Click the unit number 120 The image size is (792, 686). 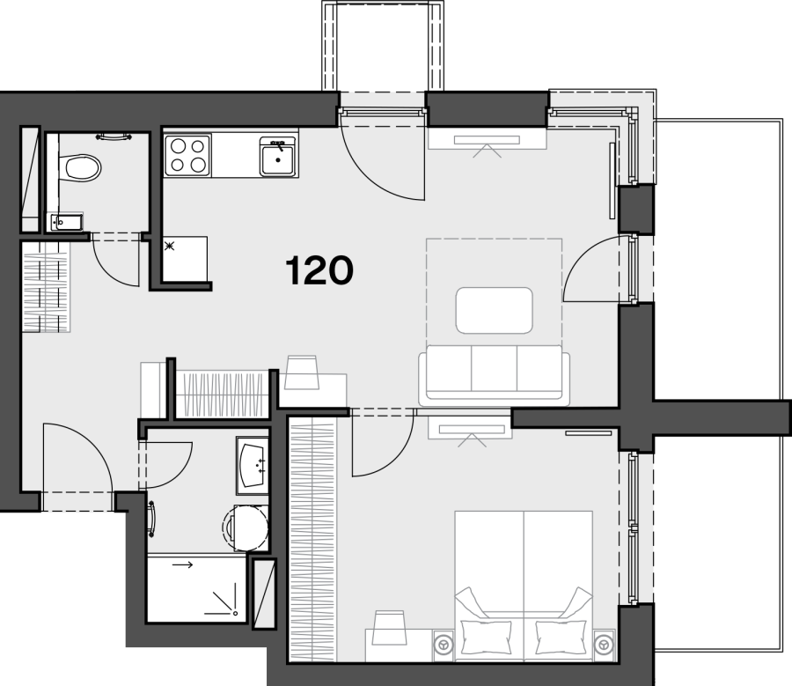(x=319, y=270)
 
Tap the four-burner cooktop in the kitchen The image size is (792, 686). (x=187, y=155)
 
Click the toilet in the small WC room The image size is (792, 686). (x=80, y=168)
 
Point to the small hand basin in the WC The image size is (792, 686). (x=66, y=222)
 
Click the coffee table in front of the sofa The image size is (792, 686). (x=494, y=310)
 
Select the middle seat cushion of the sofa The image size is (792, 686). (x=494, y=368)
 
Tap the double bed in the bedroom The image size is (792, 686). (x=524, y=586)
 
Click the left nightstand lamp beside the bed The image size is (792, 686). (x=444, y=645)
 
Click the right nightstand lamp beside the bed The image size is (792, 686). (x=604, y=645)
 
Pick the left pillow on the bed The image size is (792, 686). (x=486, y=637)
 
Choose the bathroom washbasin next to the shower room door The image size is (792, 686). (x=252, y=466)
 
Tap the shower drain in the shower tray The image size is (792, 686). (x=235, y=613)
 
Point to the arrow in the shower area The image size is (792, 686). (x=182, y=564)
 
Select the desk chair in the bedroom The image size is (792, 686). (x=389, y=627)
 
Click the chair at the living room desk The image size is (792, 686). (x=302, y=373)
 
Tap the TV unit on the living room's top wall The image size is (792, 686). (x=487, y=139)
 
